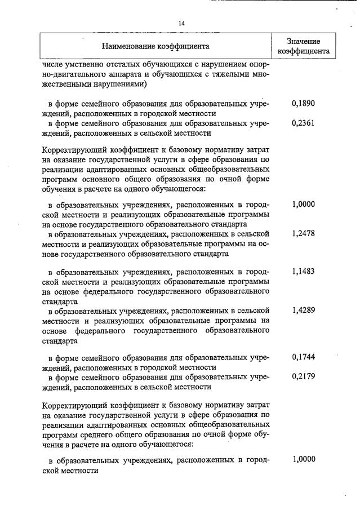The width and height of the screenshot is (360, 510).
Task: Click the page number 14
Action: coord(181,23)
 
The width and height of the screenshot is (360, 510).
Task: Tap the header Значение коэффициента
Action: coord(304,46)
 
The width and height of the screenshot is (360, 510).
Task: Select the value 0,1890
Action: coord(303,104)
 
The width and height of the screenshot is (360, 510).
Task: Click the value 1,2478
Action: coord(303,232)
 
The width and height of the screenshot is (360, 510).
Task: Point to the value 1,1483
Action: coord(303,272)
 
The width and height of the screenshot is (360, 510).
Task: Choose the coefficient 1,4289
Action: coord(303,311)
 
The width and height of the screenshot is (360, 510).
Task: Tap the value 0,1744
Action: coord(303,357)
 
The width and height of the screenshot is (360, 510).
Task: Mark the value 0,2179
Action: coord(303,377)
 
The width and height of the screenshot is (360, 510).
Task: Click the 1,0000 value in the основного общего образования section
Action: coord(303,205)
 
